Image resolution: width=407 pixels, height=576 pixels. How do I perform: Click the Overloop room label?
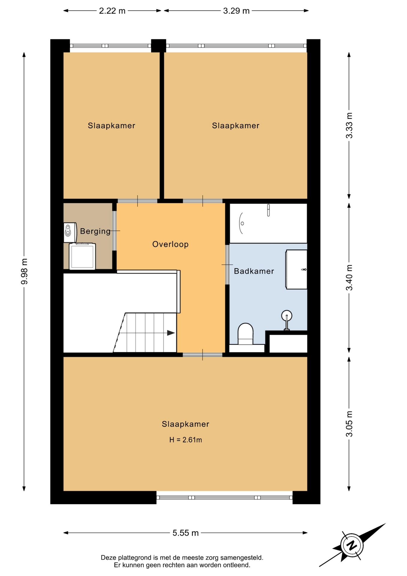pos(170,244)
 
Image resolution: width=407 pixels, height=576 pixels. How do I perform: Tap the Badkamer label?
pos(254,271)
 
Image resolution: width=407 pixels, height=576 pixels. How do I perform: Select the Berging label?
pos(95,231)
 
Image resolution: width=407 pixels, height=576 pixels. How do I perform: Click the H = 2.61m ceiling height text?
pos(186,440)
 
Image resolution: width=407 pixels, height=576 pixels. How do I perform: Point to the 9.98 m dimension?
pos(24,271)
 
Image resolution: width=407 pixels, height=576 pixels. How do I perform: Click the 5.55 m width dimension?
pos(186,533)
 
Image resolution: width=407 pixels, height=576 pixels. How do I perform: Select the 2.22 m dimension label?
pos(112,11)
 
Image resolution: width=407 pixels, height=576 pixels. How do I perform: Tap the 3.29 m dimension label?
pos(236,11)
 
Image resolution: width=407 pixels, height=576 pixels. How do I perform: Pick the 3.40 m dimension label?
pos(349,278)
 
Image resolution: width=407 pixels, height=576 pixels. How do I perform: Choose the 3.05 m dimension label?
pos(349,424)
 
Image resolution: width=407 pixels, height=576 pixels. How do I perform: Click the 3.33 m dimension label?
pos(349,125)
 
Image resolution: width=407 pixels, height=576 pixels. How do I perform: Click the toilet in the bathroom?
pos(245,334)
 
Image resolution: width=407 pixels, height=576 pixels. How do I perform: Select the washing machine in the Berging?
pos(82,256)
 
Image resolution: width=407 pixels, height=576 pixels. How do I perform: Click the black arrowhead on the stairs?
pos(171,333)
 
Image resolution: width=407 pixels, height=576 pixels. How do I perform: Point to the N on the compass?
pos(352,545)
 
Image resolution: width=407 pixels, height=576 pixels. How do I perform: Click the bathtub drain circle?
pos(242,223)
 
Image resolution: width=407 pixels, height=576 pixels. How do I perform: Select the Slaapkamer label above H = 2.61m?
pos(186,424)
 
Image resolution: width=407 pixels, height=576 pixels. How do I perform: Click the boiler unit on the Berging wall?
pos(70,232)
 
